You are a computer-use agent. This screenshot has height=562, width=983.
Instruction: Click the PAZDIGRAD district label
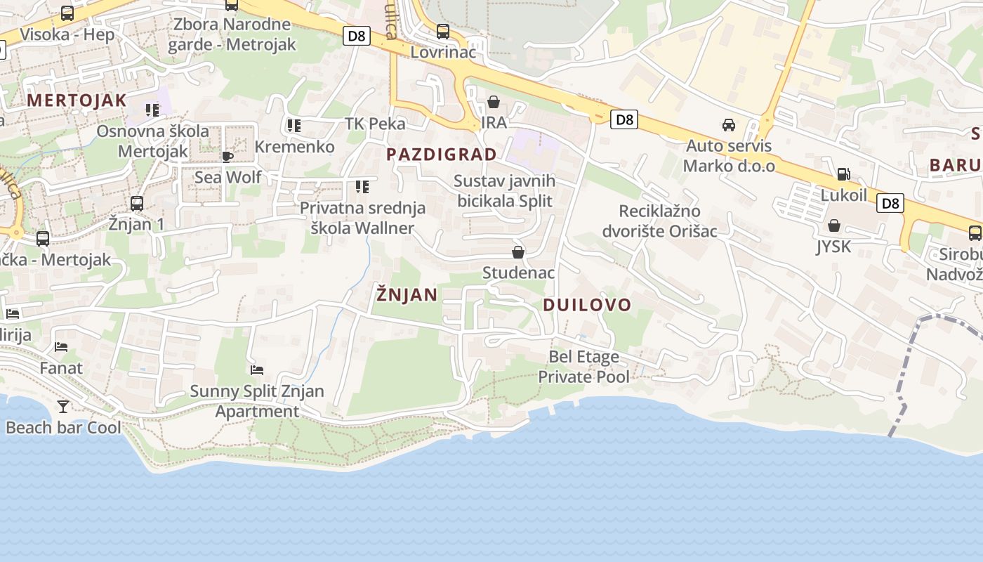[x=442, y=155]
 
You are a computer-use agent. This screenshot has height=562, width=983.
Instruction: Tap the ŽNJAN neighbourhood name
[x=407, y=294]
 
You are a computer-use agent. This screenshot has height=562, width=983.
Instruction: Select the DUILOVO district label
[x=587, y=305]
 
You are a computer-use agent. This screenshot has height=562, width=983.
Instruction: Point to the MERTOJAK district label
[x=77, y=100]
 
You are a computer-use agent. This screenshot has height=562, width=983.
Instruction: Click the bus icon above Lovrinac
[x=442, y=32]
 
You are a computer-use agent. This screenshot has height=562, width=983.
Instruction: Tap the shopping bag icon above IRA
[x=494, y=103]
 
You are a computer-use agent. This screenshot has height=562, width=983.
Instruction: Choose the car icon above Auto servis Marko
[x=729, y=125]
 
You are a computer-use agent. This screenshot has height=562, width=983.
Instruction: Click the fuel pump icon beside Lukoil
[x=843, y=174]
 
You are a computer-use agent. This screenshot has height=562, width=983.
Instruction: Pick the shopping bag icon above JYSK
[x=833, y=226]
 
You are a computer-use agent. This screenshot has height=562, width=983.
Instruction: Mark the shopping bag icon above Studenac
[x=518, y=252]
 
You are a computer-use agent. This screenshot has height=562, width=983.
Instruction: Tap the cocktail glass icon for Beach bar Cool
[x=63, y=406]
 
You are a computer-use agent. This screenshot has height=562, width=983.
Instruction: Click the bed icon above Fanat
[x=61, y=346]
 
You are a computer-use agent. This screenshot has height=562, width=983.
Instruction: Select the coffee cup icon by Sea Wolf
[x=227, y=156]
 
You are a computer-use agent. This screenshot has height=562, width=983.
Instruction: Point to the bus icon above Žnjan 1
[x=136, y=204]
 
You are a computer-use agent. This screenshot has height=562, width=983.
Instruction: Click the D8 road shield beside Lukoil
[x=890, y=204]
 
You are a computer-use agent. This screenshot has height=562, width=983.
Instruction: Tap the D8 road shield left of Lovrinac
[x=357, y=36]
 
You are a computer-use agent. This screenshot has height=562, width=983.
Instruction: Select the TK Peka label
[x=375, y=124]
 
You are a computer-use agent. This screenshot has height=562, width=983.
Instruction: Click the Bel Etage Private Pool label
[x=583, y=367]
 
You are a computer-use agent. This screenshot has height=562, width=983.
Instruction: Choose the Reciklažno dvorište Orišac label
[x=659, y=221]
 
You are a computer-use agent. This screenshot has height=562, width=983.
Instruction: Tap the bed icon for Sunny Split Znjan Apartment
[x=257, y=370]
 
